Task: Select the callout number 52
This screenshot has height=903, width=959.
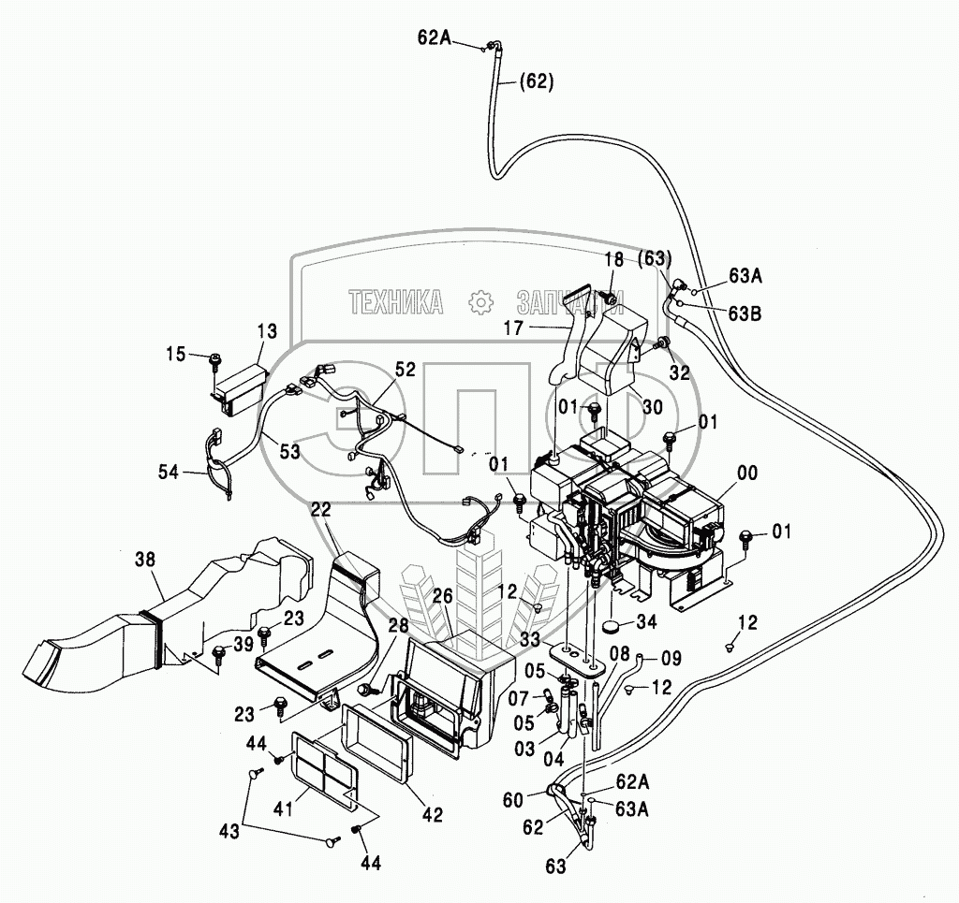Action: [404, 371]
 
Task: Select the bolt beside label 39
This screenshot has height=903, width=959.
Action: [220, 652]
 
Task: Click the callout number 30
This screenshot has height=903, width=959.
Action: [652, 406]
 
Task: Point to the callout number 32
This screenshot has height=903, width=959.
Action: [678, 372]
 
